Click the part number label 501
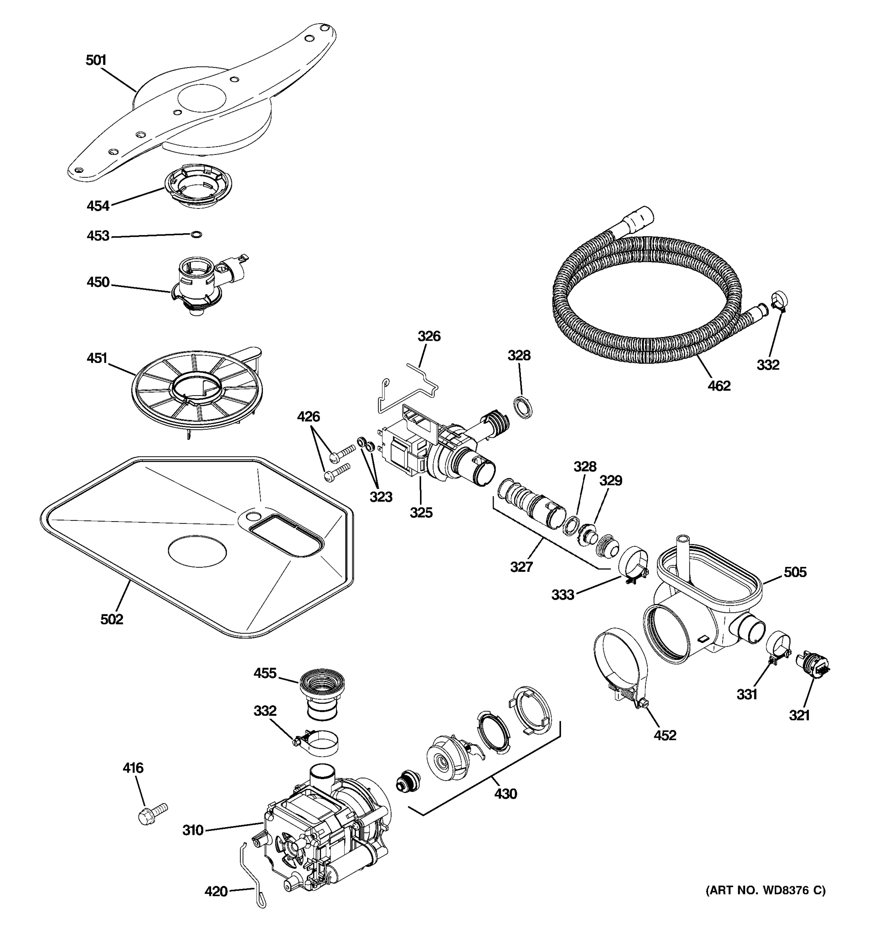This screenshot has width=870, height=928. pyautogui.click(x=96, y=60)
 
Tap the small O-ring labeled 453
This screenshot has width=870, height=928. pyautogui.click(x=196, y=234)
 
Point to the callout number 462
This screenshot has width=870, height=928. pyautogui.click(x=719, y=386)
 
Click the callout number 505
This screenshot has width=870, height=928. pyautogui.click(x=795, y=572)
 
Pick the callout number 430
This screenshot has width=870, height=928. pyautogui.click(x=505, y=793)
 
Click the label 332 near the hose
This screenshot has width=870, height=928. pyautogui.click(x=768, y=365)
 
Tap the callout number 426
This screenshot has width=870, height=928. pyautogui.click(x=309, y=416)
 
